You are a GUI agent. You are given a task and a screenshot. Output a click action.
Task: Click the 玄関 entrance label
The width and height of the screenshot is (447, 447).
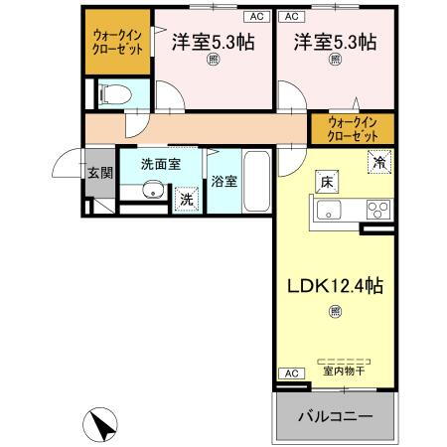point(98,173)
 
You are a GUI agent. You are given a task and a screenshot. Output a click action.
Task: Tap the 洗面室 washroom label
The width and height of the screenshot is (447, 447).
point(159,164)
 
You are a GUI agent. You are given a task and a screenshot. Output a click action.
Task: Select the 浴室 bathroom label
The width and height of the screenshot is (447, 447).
point(223,182)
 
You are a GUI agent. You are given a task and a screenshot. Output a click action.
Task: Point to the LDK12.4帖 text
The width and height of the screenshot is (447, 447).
point(335,286)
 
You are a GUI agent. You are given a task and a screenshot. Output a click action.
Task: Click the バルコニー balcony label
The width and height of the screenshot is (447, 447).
point(334,417)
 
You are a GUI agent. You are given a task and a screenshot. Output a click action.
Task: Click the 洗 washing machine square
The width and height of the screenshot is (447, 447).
point(186,200)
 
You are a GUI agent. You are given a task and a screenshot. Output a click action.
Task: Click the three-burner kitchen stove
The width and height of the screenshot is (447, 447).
point(378,211)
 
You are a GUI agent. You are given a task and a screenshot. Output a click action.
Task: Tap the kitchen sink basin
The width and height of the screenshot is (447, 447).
point(329,211)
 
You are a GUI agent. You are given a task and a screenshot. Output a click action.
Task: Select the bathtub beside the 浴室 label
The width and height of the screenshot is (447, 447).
point(256,182)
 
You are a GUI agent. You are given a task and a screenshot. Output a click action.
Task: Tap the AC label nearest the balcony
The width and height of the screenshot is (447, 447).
point(291,372)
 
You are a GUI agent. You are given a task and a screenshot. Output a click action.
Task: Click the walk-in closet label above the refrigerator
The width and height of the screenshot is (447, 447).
point(353,128)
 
